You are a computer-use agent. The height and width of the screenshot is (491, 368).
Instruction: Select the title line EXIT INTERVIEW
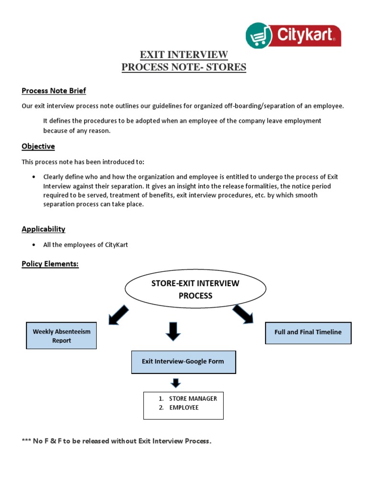(184, 54)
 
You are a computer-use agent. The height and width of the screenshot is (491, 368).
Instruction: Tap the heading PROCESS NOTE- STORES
(184, 67)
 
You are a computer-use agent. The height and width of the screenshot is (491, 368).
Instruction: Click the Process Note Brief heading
(54, 91)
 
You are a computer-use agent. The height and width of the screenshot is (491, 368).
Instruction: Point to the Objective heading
(38, 146)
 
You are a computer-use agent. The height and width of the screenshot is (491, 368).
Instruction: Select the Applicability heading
(43, 229)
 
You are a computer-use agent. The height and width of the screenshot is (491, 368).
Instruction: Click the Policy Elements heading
(50, 264)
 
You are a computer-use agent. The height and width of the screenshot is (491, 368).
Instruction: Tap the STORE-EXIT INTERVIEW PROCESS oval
(195, 290)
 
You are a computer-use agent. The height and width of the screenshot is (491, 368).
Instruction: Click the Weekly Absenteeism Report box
(61, 336)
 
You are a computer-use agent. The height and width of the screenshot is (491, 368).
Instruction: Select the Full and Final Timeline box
(308, 332)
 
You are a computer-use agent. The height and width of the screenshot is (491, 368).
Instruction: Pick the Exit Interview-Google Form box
(183, 362)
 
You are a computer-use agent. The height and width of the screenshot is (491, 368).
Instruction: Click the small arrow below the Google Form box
(176, 383)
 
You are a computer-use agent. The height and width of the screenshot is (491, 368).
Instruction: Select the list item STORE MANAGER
(193, 398)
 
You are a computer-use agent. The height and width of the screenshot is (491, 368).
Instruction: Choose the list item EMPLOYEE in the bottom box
(184, 408)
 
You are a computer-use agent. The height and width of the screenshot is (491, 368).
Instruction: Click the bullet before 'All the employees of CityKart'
(33, 245)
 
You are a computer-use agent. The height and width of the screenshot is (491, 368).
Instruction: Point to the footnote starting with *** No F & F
(116, 441)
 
